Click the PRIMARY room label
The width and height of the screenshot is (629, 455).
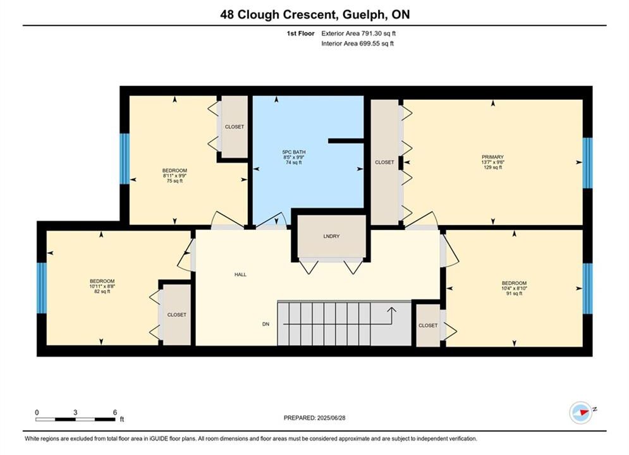point(492,157)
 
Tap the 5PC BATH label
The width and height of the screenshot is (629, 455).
point(294,152)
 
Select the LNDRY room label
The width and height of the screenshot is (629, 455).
point(331,236)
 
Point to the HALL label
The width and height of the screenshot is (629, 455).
point(240,275)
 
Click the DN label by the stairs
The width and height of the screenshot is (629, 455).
point(266,324)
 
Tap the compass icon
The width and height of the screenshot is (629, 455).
point(581,412)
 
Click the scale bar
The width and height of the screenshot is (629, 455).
point(75,420)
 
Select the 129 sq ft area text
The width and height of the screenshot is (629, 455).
point(492,167)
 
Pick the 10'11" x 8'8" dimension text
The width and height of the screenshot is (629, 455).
point(102,286)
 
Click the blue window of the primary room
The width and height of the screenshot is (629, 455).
point(587,163)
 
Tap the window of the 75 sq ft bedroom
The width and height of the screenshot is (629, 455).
point(125,159)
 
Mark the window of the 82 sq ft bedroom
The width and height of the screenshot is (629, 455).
point(42,288)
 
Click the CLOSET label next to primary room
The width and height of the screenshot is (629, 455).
point(384,162)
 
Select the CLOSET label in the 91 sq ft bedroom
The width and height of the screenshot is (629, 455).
point(428,325)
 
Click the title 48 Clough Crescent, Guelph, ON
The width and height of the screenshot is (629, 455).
point(315,15)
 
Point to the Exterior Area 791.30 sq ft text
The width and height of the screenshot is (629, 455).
point(358,33)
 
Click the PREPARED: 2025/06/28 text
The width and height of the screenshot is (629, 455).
point(315,418)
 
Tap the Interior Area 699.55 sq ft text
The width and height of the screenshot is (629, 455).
point(357,44)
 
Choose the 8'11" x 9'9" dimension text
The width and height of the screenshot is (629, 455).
point(174,176)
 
